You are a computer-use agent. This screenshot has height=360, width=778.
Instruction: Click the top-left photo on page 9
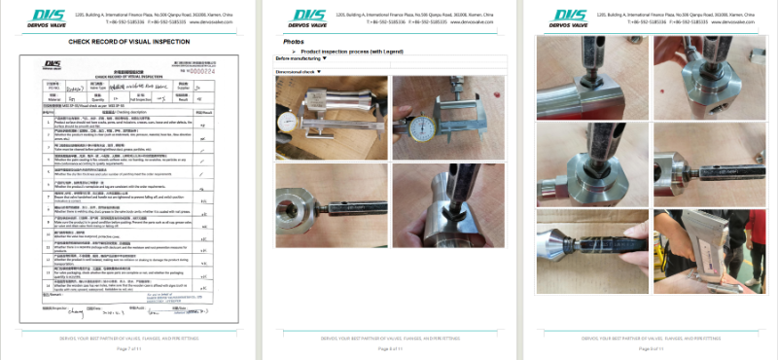(x=592, y=67)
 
